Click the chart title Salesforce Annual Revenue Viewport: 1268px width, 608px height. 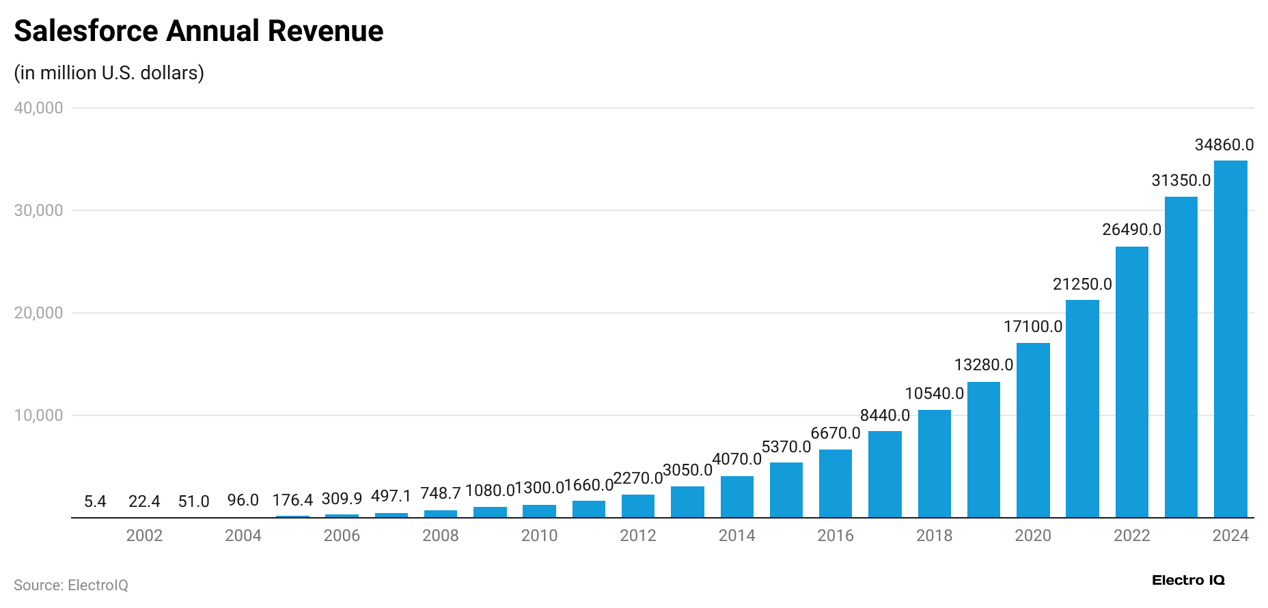point(198,31)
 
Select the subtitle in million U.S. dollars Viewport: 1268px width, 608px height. point(109,73)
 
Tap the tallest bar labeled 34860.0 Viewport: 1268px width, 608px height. point(1230,339)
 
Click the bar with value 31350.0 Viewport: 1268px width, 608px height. point(1181,357)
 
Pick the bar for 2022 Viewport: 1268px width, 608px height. point(1131,382)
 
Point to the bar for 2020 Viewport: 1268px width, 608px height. point(1032,430)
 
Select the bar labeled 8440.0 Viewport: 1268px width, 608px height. point(885,474)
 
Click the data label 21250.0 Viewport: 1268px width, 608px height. point(1082,284)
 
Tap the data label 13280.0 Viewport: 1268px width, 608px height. point(983,365)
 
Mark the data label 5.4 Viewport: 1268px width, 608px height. point(95,502)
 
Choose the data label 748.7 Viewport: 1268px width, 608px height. point(440,493)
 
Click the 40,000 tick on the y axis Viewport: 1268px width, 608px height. point(38,108)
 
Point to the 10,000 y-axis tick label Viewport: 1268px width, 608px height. point(38,415)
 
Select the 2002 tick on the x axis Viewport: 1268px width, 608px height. point(144,536)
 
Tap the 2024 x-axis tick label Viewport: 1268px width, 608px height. point(1230,536)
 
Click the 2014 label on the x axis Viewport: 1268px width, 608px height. point(736,536)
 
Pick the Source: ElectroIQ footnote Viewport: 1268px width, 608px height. point(71,585)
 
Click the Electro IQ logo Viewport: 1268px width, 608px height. point(1188,581)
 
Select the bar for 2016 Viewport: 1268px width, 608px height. point(835,483)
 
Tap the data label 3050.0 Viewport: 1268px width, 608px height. point(687,470)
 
